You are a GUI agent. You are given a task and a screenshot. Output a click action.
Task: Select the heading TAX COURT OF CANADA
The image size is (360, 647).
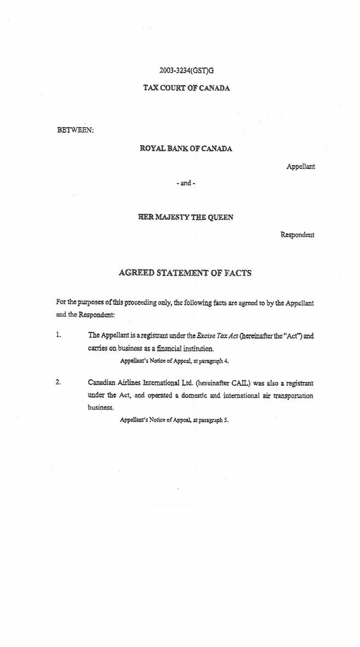(x=186, y=87)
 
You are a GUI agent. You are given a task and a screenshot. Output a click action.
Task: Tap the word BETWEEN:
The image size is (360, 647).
(x=75, y=130)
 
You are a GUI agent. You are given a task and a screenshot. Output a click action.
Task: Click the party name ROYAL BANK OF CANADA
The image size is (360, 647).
(x=186, y=149)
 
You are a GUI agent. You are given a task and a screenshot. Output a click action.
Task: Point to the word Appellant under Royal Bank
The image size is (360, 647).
(x=300, y=166)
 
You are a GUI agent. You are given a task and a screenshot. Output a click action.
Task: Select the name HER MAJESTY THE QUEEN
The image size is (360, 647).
(x=186, y=217)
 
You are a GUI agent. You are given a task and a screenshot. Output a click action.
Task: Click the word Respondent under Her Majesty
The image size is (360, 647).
(x=297, y=234)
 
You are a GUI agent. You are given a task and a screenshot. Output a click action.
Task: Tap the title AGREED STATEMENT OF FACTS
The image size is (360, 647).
(x=185, y=273)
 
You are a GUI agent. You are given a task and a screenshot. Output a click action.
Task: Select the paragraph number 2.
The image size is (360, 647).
(x=58, y=382)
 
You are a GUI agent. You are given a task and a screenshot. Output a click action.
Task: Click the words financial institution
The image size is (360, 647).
(x=185, y=348)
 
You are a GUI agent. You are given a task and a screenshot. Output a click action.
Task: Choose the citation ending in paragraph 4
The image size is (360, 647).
(x=174, y=361)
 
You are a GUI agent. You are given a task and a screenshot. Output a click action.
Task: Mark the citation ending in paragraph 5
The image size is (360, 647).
(x=174, y=420)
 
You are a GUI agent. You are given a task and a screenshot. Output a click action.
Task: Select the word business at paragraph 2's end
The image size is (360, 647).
(x=100, y=408)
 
